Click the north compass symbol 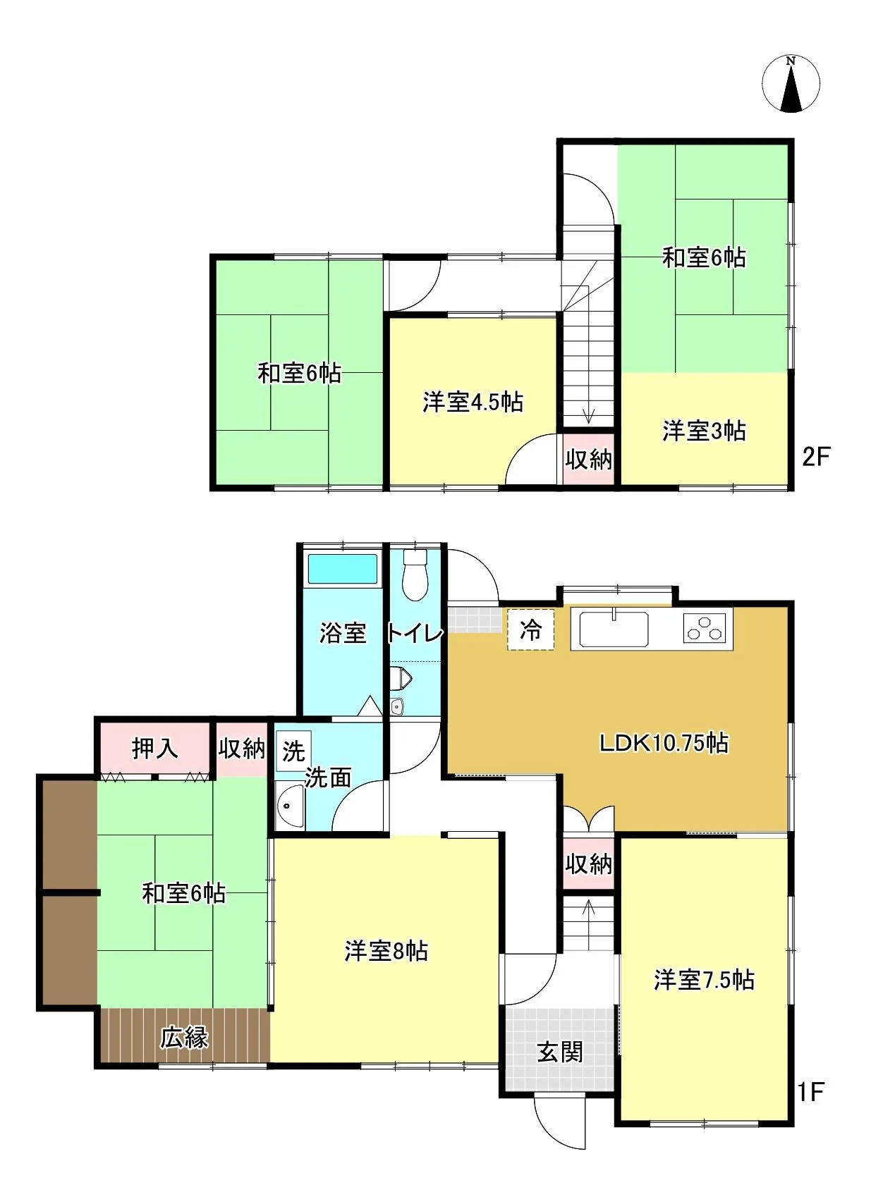point(791,85)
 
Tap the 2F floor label point(816,457)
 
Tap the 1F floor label point(810,1091)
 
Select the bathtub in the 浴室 point(342,569)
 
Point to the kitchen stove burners point(707,628)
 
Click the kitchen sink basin point(613,628)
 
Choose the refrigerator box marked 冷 point(530,629)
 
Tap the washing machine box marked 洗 point(293,750)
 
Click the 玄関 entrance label point(560,1051)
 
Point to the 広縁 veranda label point(184,1037)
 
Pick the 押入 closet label point(155,748)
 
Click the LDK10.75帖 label point(664,742)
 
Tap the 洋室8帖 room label point(386,950)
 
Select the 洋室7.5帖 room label point(704,980)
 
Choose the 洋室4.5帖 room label point(473,402)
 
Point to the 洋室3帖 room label point(704,431)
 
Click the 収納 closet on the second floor point(589,460)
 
